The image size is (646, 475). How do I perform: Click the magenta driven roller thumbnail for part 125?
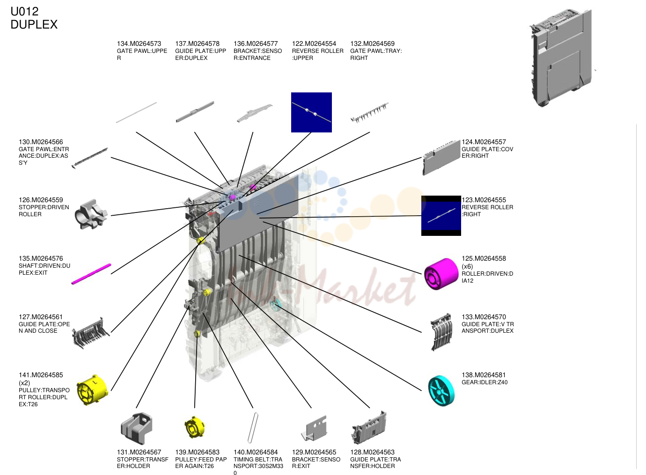pyautogui.click(x=441, y=274)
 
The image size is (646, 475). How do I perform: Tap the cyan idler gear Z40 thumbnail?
pyautogui.click(x=441, y=391)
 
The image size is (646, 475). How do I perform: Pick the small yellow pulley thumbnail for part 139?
pyautogui.click(x=195, y=427)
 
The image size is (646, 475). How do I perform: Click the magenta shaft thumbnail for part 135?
pyautogui.click(x=91, y=274)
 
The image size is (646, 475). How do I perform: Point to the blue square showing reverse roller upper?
pyautogui.click(x=311, y=112)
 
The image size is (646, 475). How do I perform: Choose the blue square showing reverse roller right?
pyautogui.click(x=441, y=216)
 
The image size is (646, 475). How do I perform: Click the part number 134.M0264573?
pyautogui.click(x=139, y=44)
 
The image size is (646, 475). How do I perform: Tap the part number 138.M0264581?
pyautogui.click(x=484, y=375)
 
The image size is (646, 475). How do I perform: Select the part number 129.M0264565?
pyautogui.click(x=314, y=452)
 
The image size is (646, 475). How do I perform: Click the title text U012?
pyautogui.click(x=24, y=12)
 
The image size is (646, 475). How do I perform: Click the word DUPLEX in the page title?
pyautogui.click(x=34, y=24)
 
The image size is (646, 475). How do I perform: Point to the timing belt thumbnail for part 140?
pyautogui.click(x=253, y=428)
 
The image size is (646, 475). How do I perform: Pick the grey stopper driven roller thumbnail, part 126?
pyautogui.click(x=91, y=214)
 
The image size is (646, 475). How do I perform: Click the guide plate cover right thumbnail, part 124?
pyautogui.click(x=441, y=157)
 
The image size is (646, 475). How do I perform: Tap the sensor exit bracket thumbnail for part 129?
pyautogui.click(x=314, y=428)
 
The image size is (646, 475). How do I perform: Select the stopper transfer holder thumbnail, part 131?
pyautogui.click(x=136, y=428)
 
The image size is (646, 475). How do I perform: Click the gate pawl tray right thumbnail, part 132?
pyautogui.click(x=370, y=112)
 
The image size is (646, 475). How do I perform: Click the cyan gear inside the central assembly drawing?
pyautogui.click(x=275, y=305)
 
